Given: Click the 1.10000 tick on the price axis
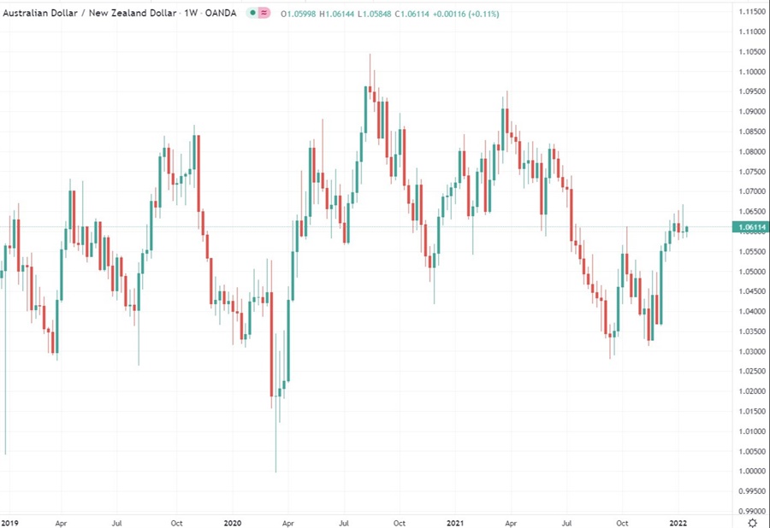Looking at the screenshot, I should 749,51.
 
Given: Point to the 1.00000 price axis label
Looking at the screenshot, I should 749,472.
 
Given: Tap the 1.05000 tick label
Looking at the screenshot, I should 749,272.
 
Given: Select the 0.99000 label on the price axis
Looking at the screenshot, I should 749,512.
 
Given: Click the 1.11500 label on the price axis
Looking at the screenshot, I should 749,11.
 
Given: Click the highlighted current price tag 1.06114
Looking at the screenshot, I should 749,226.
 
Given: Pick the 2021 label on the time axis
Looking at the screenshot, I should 454,521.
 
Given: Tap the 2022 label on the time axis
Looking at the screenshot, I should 678,521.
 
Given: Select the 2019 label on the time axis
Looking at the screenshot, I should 9,521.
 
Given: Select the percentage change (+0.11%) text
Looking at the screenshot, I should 482,15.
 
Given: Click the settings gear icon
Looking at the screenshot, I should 751,522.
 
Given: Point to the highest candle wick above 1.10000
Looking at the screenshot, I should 370,64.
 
